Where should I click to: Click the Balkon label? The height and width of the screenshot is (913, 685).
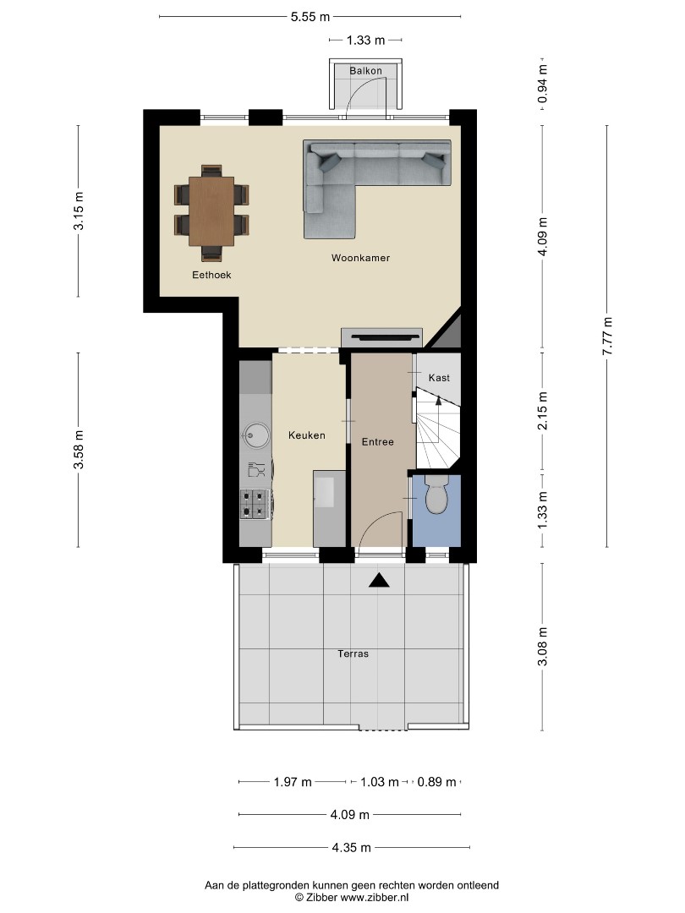(x=366, y=71)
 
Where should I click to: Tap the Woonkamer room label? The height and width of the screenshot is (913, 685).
(x=360, y=258)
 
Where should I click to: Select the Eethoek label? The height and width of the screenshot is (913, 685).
(x=211, y=275)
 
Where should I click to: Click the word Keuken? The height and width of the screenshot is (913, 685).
(x=307, y=435)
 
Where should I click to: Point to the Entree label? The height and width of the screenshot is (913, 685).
(x=377, y=442)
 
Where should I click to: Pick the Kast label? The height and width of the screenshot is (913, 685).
(x=439, y=378)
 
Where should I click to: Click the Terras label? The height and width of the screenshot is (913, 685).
(x=353, y=653)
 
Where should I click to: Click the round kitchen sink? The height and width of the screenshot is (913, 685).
(x=256, y=434)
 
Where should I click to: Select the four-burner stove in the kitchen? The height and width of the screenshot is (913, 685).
(x=255, y=504)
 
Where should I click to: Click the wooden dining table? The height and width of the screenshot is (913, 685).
(x=211, y=210)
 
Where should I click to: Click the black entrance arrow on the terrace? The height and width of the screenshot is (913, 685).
(x=379, y=580)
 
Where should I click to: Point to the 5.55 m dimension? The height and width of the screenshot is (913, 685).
(x=310, y=17)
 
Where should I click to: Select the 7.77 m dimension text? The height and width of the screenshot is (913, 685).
(x=607, y=336)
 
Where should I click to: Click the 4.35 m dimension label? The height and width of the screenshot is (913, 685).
(x=351, y=848)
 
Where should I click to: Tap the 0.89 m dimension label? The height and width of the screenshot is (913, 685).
(x=437, y=782)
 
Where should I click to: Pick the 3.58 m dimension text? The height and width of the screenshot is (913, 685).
(x=79, y=449)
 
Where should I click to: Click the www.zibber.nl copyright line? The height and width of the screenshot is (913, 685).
(x=352, y=897)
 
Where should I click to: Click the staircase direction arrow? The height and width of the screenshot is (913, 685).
(x=439, y=399)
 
